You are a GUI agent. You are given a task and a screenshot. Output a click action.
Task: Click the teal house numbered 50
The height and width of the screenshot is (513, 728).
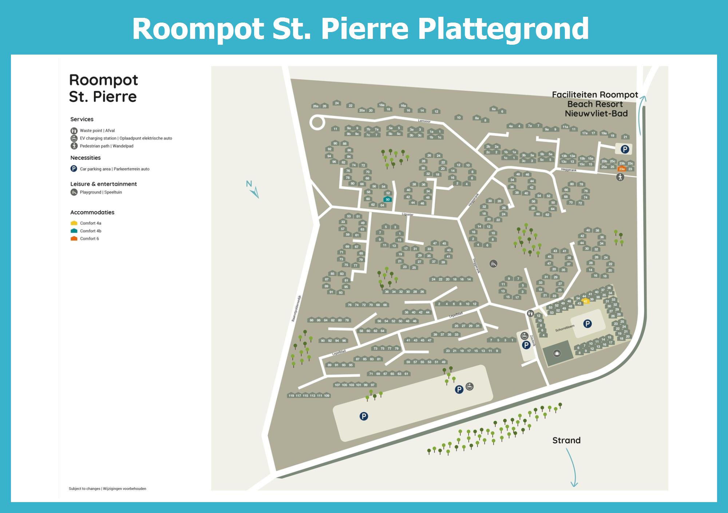tap(388, 199)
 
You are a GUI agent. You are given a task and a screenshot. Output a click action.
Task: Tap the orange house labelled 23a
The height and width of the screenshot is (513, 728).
tap(622, 169)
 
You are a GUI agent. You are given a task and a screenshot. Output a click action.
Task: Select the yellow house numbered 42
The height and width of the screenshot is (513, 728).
tap(586, 301)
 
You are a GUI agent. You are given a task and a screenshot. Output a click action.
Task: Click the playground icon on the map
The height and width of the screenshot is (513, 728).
tap(493, 263)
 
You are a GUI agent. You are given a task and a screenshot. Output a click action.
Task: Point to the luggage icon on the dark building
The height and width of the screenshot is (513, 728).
tap(557, 353)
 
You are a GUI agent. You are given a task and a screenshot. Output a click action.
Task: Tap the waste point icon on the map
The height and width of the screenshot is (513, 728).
tap(530, 313)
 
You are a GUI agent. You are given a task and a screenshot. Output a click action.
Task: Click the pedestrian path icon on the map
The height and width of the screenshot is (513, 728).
tap(620, 177)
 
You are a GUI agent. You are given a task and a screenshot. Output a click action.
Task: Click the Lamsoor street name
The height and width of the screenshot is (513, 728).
tap(424, 121)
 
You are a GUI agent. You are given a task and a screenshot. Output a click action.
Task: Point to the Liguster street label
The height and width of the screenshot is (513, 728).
tap(408, 214)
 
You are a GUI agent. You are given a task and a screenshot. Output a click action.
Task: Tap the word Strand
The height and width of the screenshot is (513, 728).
tap(566, 440)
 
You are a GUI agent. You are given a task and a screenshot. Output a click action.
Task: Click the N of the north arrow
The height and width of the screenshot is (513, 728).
tap(249, 184)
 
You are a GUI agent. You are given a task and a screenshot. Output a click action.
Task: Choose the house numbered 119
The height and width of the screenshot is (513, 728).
tap(291, 395)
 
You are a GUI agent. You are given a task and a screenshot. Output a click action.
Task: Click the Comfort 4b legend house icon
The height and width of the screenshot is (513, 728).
tap(74, 231)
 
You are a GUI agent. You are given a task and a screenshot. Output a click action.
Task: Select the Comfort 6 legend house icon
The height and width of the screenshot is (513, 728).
tap(74, 239)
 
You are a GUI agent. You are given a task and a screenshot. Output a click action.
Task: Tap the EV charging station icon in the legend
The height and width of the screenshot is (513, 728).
tap(74, 138)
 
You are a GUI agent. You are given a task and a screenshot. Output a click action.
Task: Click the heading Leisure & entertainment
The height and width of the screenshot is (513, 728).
tap(103, 184)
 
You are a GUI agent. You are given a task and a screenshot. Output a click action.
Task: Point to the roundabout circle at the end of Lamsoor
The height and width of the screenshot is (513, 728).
tap(317, 122)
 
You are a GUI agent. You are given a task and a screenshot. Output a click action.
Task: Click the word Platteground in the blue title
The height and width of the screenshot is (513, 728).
tap(503, 29)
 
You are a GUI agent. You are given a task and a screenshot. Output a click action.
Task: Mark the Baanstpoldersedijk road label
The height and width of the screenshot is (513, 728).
tap(296, 308)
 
